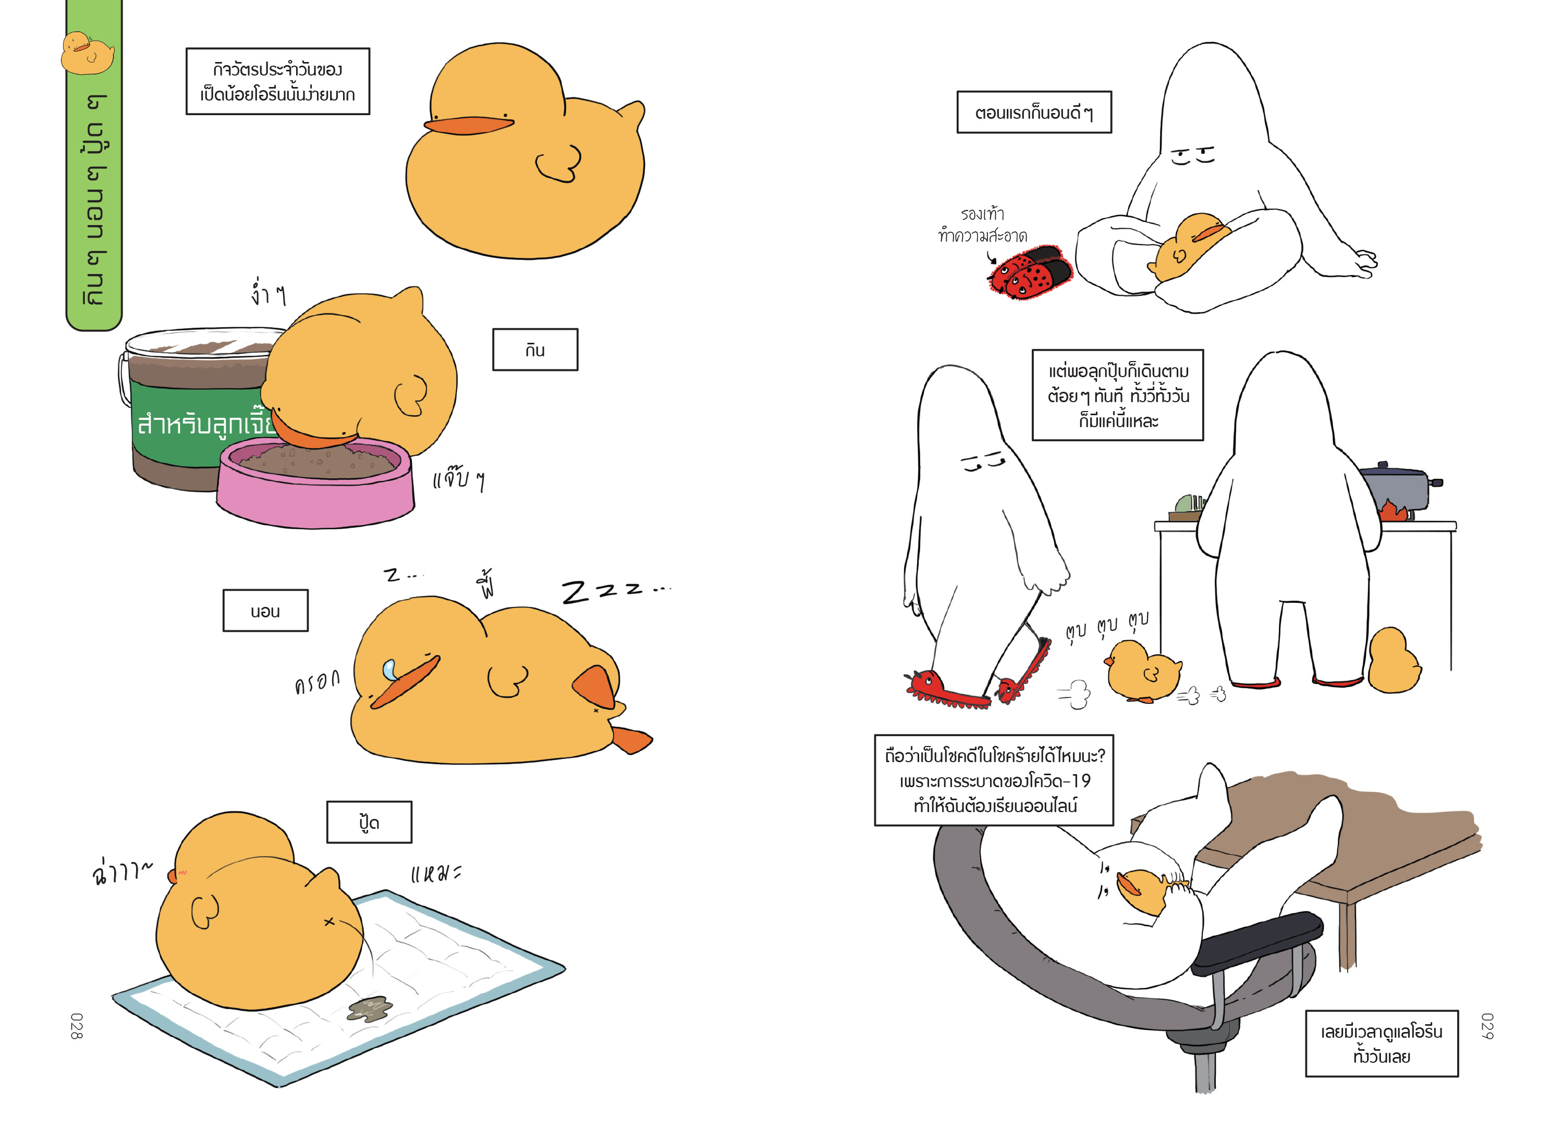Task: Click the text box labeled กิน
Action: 535,350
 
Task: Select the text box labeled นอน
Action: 265,610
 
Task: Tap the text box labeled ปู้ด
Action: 370,822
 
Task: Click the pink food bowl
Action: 315,482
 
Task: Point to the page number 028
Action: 77,1026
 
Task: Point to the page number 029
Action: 1487,1026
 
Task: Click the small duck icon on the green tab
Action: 88,53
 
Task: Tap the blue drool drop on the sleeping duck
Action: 390,669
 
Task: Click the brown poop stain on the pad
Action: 370,1009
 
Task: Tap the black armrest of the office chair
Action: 1257,942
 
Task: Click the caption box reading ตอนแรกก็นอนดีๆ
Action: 1034,111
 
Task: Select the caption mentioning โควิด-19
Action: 994,780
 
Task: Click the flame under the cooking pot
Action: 1394,511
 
